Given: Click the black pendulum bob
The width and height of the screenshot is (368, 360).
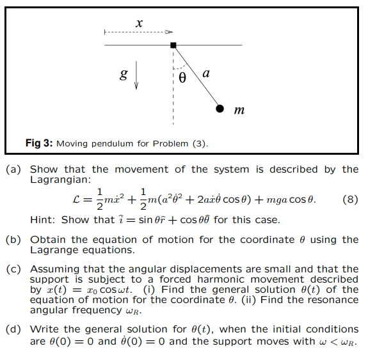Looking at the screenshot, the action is pyautogui.click(x=220, y=109).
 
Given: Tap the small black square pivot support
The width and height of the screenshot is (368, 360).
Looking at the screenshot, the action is pyautogui.click(x=173, y=45).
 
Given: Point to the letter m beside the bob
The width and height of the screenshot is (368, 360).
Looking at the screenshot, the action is pyautogui.click(x=239, y=111).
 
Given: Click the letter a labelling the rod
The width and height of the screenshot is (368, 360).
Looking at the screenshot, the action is pyautogui.click(x=205, y=74).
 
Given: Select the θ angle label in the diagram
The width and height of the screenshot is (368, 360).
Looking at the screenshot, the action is pyautogui.click(x=182, y=78).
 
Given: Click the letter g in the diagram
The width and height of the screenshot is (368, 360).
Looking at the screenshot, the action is pyautogui.click(x=124, y=75).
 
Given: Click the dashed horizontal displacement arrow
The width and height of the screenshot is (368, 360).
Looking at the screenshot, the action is pyautogui.click(x=138, y=32).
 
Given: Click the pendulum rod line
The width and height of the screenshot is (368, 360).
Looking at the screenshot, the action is pyautogui.click(x=196, y=77).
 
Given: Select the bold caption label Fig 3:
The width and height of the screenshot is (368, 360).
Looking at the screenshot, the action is pyautogui.click(x=39, y=143).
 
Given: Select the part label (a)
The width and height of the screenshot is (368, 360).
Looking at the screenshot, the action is pyautogui.click(x=13, y=169).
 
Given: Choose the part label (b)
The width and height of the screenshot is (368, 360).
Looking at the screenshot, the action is pyautogui.click(x=13, y=240).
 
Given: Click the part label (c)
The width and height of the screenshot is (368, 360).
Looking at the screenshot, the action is pyautogui.click(x=13, y=269).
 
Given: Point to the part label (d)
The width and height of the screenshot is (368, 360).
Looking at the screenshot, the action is pyautogui.click(x=13, y=329).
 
